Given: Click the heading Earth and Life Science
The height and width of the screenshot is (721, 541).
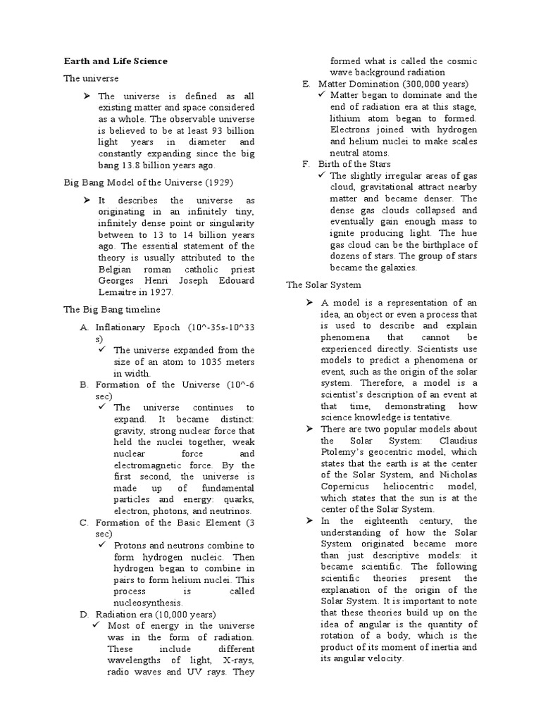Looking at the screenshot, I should tap(116, 61).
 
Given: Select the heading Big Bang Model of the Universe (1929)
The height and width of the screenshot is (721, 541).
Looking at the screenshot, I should tap(148, 182).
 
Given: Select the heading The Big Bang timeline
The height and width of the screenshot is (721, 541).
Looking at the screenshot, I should tap(112, 309).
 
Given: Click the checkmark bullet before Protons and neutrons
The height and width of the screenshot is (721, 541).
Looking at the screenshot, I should tap(102, 545).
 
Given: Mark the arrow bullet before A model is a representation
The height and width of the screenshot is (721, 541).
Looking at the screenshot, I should tap(310, 303).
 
